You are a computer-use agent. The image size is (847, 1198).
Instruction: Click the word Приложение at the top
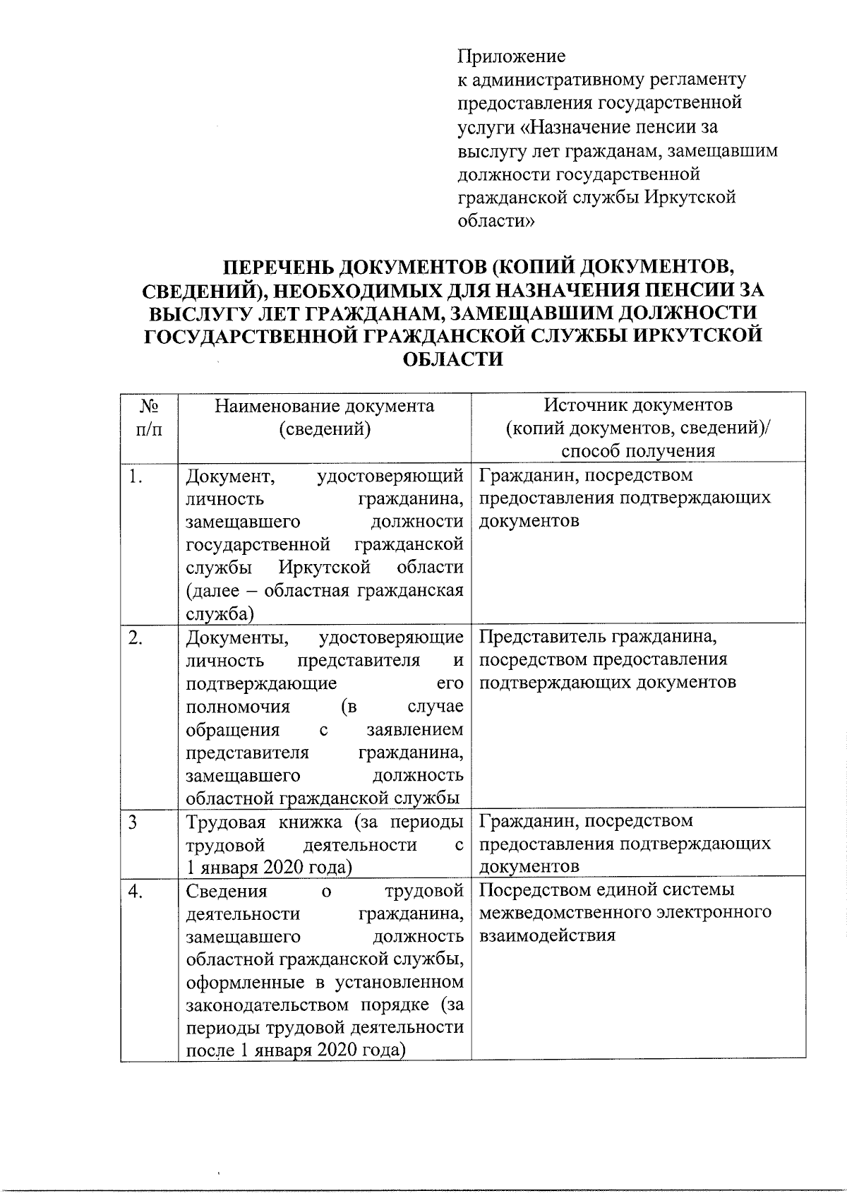[x=512, y=56]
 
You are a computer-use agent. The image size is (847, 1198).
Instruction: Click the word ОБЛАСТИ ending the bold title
[x=452, y=359]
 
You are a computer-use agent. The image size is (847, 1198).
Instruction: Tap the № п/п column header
[x=148, y=417]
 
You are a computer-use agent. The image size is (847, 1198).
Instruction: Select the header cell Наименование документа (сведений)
[x=325, y=417]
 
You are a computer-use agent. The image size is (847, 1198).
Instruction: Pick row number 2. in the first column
[x=136, y=637]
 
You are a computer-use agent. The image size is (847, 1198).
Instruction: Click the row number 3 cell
[x=133, y=822]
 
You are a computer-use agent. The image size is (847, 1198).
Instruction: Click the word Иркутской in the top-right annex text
[x=691, y=197]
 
